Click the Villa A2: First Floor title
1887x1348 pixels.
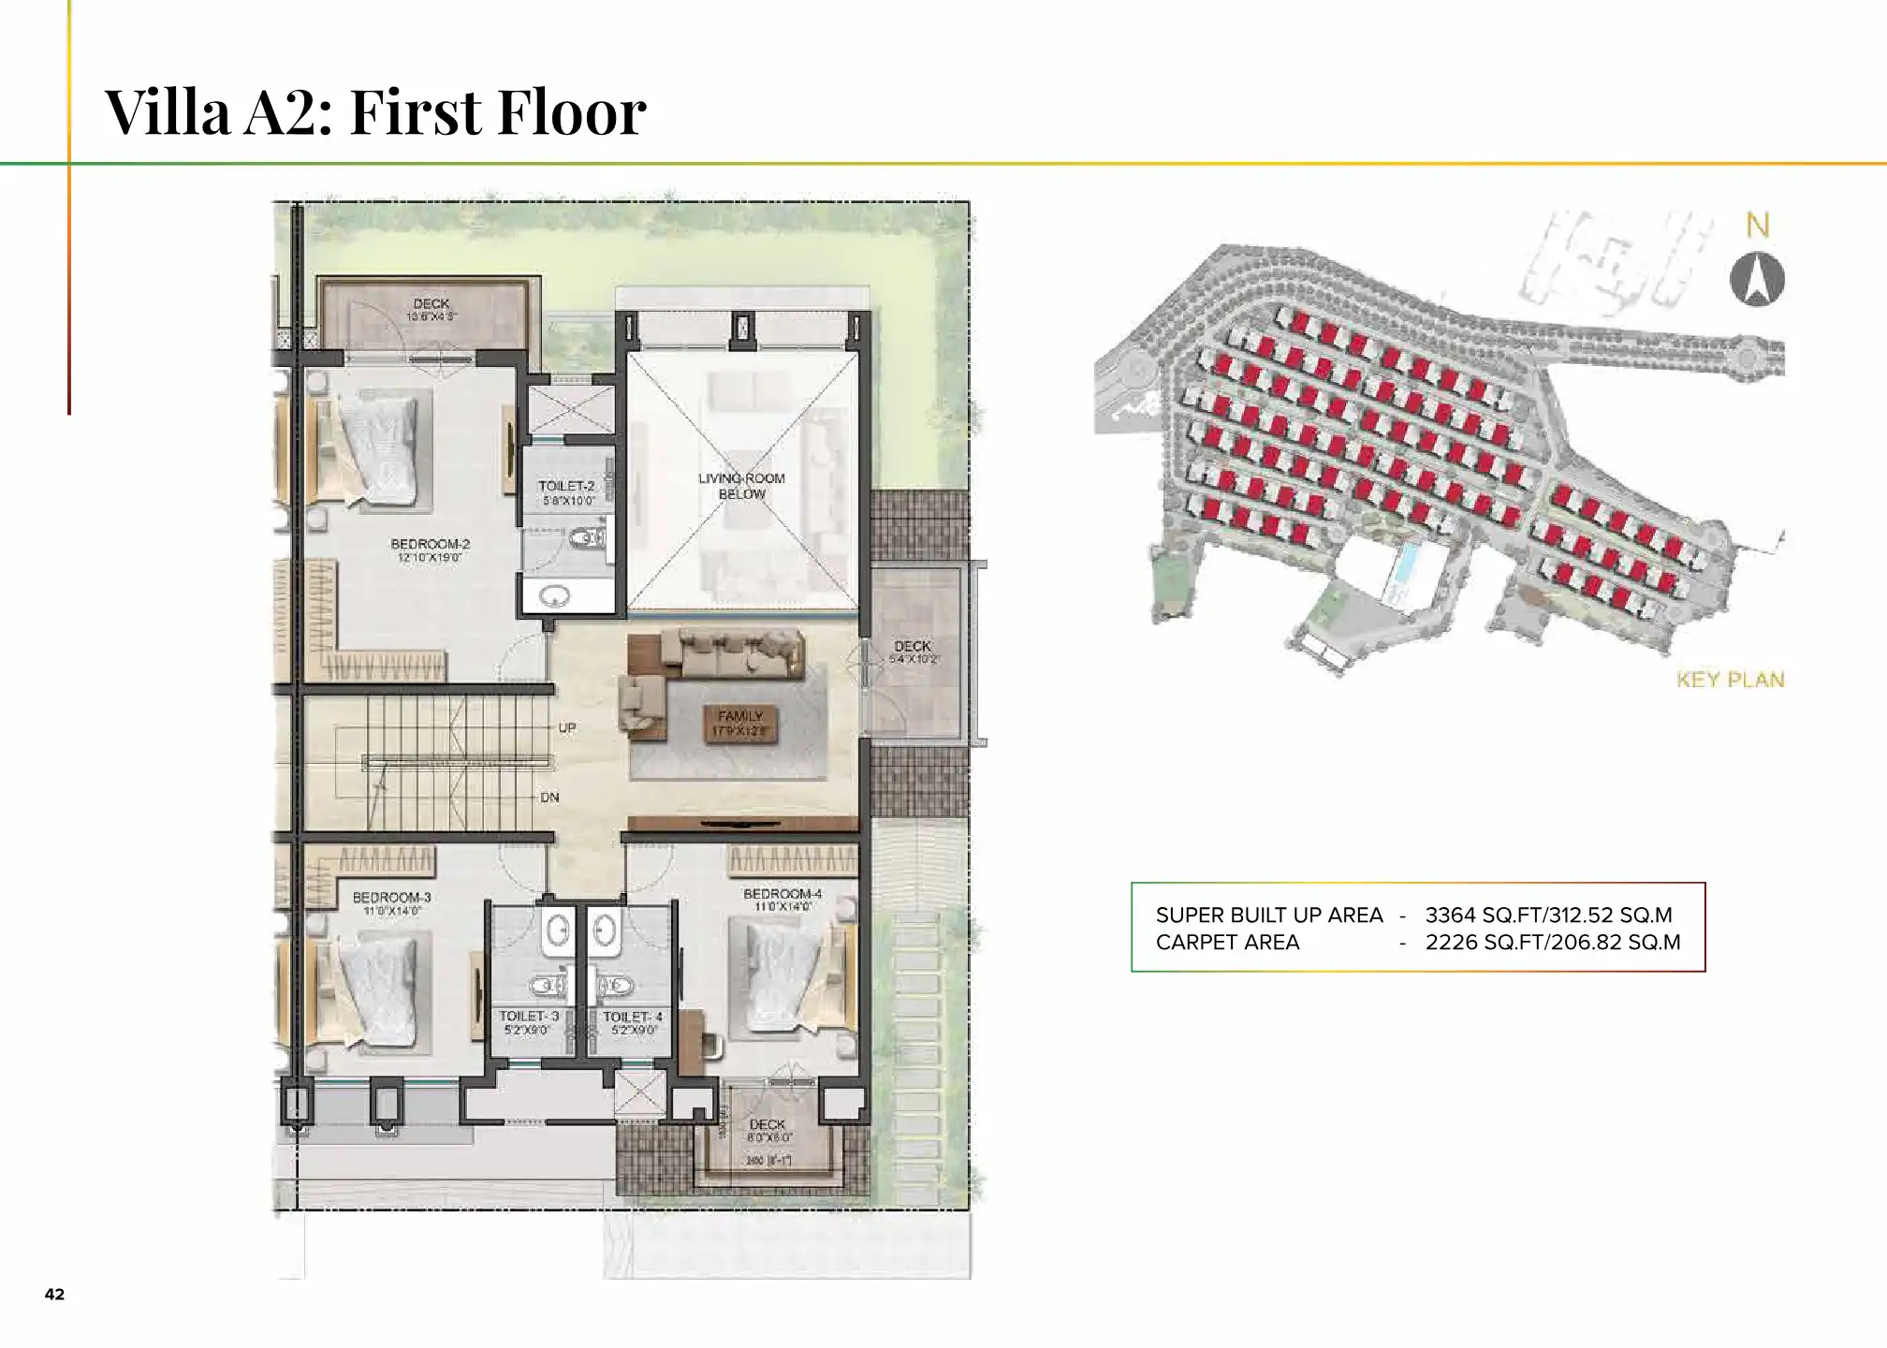tap(374, 112)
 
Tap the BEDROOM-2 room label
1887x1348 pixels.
tap(430, 545)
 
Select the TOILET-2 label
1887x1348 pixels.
tap(566, 487)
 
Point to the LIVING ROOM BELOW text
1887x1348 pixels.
tap(741, 486)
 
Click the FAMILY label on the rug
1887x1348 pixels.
tap(740, 716)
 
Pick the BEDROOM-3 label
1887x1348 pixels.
tap(391, 898)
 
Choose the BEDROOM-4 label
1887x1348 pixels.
tap(783, 894)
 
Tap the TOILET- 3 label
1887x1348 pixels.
tap(529, 1017)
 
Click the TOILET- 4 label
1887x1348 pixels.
tap(633, 1017)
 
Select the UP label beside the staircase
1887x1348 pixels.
tap(567, 727)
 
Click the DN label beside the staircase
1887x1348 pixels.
tap(549, 798)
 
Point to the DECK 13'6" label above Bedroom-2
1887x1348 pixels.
tap(431, 305)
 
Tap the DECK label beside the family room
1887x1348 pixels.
tap(913, 647)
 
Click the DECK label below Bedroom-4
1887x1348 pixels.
tap(768, 1124)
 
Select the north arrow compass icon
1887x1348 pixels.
tap(1757, 279)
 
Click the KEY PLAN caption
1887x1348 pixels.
tap(1730, 680)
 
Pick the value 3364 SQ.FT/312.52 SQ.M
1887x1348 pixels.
tap(1548, 915)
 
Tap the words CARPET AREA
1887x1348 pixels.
tap(1227, 943)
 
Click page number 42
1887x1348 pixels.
tap(54, 1294)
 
